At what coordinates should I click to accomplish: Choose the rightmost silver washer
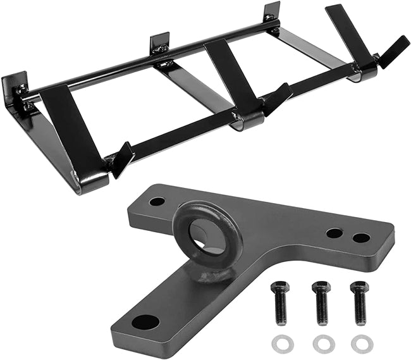click(x=362, y=344)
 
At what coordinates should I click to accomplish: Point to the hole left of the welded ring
click(x=157, y=202)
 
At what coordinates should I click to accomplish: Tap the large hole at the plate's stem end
click(x=145, y=321)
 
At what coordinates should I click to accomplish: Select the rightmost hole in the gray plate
click(x=361, y=238)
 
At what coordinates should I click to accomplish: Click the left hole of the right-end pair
click(x=334, y=233)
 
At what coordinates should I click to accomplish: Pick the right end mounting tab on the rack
click(x=272, y=13)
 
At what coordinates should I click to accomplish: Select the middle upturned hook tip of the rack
click(x=278, y=99)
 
